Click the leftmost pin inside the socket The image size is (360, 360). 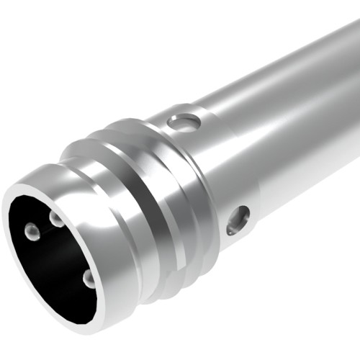[x=32, y=231]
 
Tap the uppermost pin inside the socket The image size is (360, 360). [x=56, y=218]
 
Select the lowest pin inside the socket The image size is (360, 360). [x=88, y=277]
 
